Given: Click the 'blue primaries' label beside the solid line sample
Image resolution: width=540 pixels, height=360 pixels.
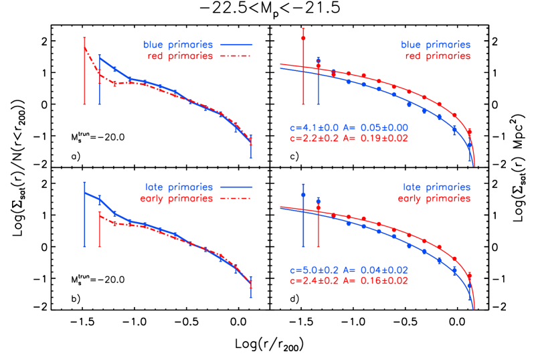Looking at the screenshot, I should [178, 45].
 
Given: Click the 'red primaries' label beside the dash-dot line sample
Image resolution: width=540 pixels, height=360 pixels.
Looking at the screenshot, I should [180, 56].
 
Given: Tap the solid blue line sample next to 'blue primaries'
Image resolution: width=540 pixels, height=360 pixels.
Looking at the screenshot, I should [234, 45].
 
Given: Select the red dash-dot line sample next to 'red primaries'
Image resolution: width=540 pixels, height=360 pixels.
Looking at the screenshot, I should [234, 56].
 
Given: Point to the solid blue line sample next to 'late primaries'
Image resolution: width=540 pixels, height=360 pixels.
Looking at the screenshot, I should [234, 187].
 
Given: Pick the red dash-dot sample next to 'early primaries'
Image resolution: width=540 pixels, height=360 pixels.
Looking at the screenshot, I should [234, 199].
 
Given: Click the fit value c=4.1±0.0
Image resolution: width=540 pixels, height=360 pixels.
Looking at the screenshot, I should [314, 127].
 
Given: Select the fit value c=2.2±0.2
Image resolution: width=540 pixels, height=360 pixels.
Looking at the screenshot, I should [314, 138].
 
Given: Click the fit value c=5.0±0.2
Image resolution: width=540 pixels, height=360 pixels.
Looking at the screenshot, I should [314, 270].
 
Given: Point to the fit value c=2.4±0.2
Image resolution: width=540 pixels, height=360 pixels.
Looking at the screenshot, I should [314, 280].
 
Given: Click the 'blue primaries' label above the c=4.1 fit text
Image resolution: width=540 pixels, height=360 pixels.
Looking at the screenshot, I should [436, 45].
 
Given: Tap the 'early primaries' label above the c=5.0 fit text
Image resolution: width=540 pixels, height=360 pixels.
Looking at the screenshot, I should [434, 199].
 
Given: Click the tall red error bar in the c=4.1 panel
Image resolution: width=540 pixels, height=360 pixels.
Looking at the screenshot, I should [304, 67].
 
